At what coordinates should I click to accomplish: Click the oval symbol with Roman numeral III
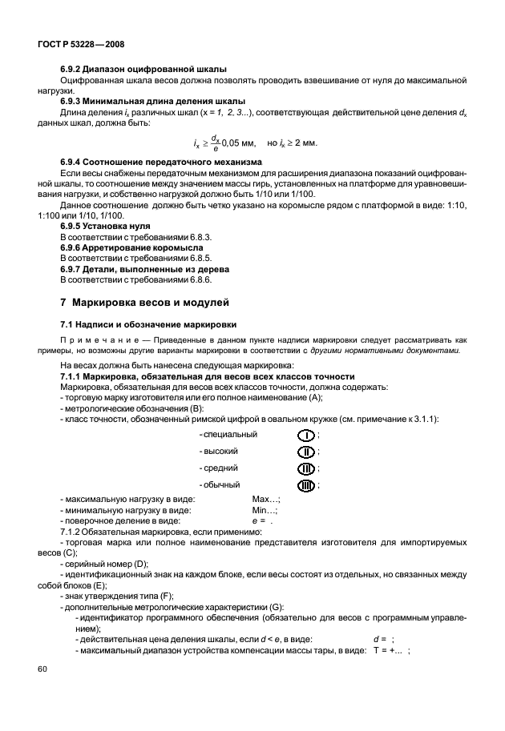click(x=306, y=468)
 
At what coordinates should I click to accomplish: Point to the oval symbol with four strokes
click(x=306, y=485)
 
